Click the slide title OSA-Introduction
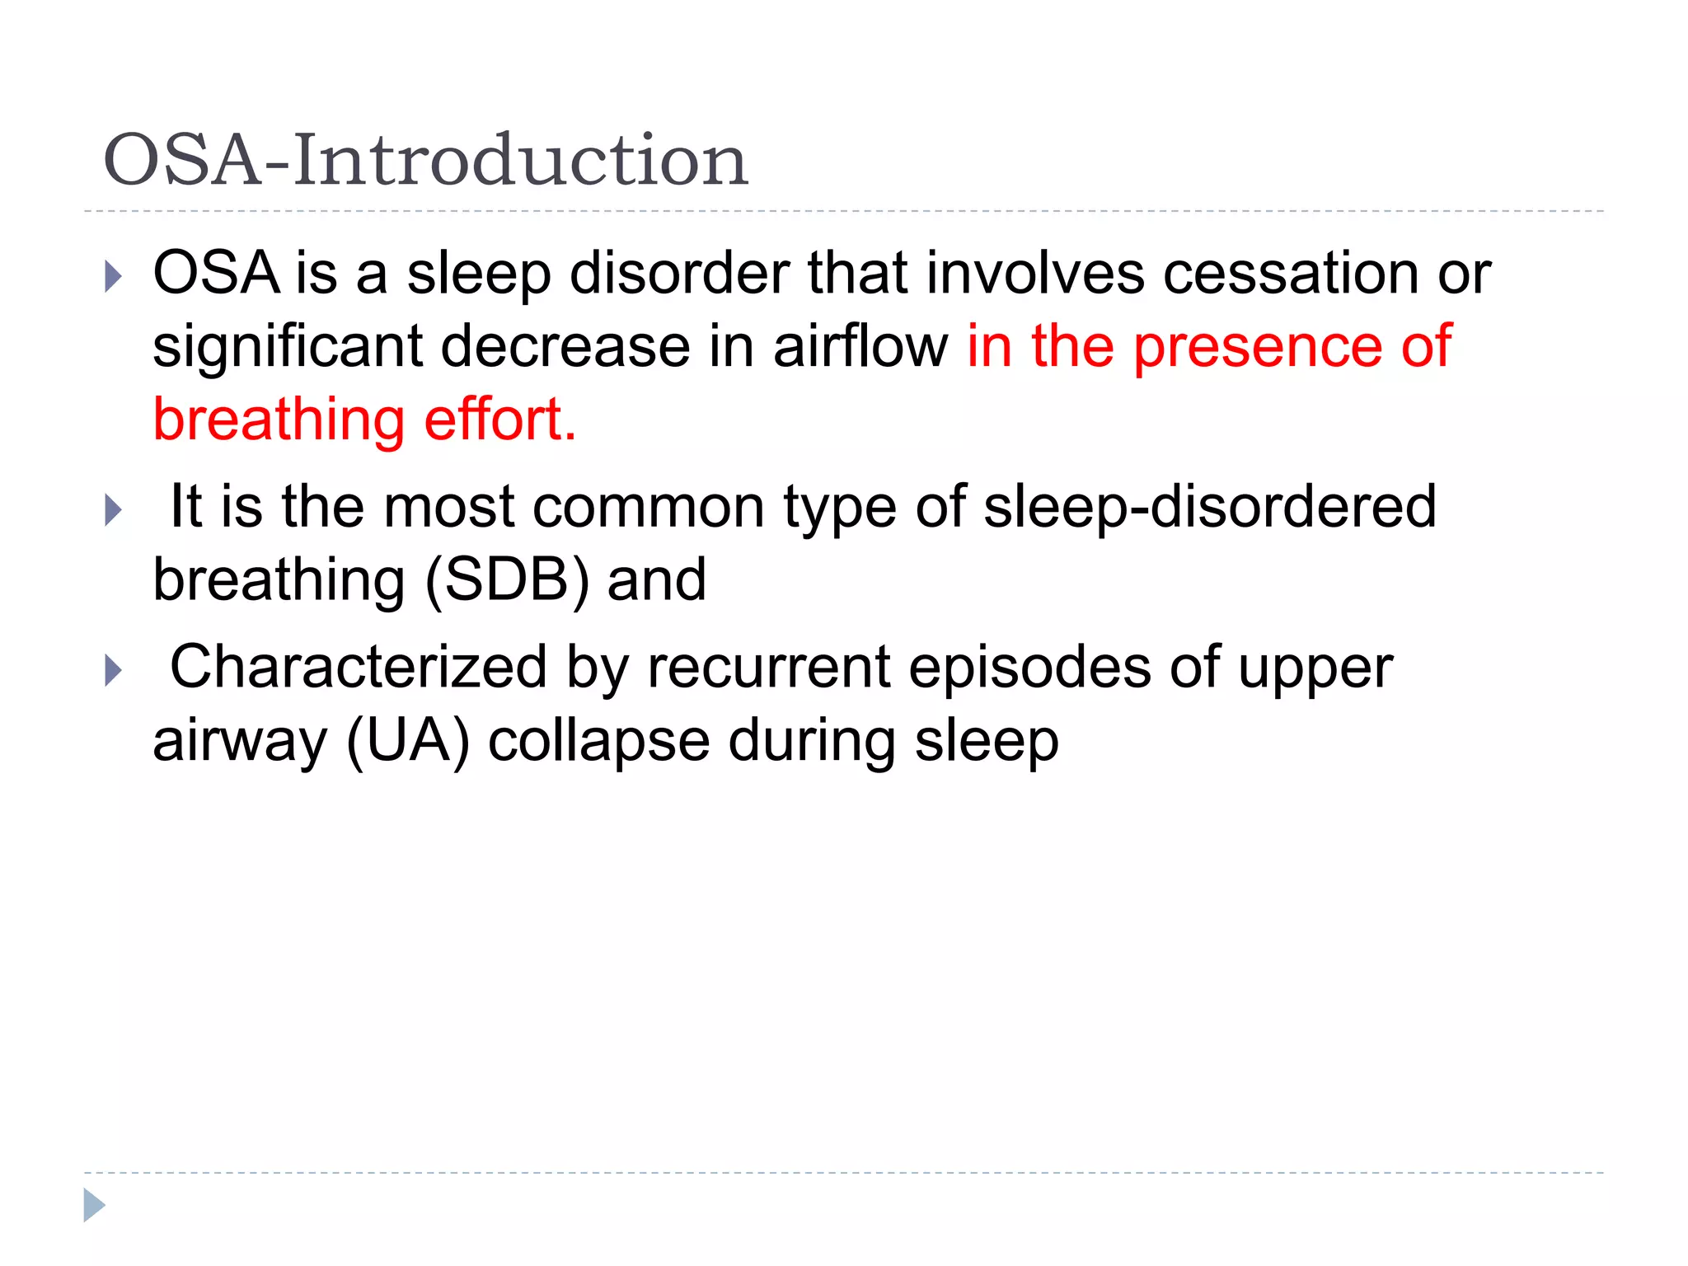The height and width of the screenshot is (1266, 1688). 425,160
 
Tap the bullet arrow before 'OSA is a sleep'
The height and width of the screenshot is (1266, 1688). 114,277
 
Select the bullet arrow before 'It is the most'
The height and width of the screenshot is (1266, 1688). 114,510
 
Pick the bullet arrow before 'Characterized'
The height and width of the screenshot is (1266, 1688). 114,670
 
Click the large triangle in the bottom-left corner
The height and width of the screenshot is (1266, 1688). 94,1205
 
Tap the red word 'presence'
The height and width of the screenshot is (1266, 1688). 1258,346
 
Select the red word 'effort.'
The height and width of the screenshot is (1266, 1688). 499,420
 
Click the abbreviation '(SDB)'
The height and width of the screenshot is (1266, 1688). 508,579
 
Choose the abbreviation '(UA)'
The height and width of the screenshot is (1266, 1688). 408,740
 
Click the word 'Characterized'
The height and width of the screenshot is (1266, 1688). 359,667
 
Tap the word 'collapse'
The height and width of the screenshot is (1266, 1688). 598,740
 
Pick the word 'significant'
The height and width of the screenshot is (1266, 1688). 288,346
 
